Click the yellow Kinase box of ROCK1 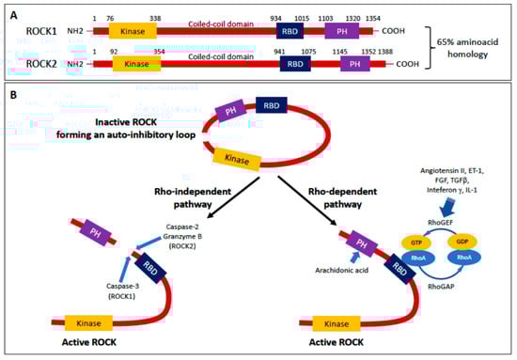click(133, 31)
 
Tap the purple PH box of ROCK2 click(354, 64)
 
